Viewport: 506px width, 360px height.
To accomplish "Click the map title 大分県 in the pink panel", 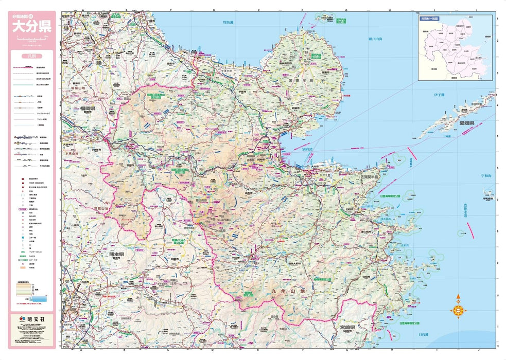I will (31, 27).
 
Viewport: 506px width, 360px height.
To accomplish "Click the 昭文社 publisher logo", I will (31, 319).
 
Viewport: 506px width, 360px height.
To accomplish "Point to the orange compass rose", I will (458, 310).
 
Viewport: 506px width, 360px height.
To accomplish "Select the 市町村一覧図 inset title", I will (428, 18).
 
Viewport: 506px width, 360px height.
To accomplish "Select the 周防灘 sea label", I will (228, 23).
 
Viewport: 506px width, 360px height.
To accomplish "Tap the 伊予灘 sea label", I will (439, 95).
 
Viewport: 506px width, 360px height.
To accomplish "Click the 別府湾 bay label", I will (310, 150).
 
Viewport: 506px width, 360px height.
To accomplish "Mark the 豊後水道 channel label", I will (464, 211).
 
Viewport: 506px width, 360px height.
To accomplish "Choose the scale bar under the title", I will (31, 39).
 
